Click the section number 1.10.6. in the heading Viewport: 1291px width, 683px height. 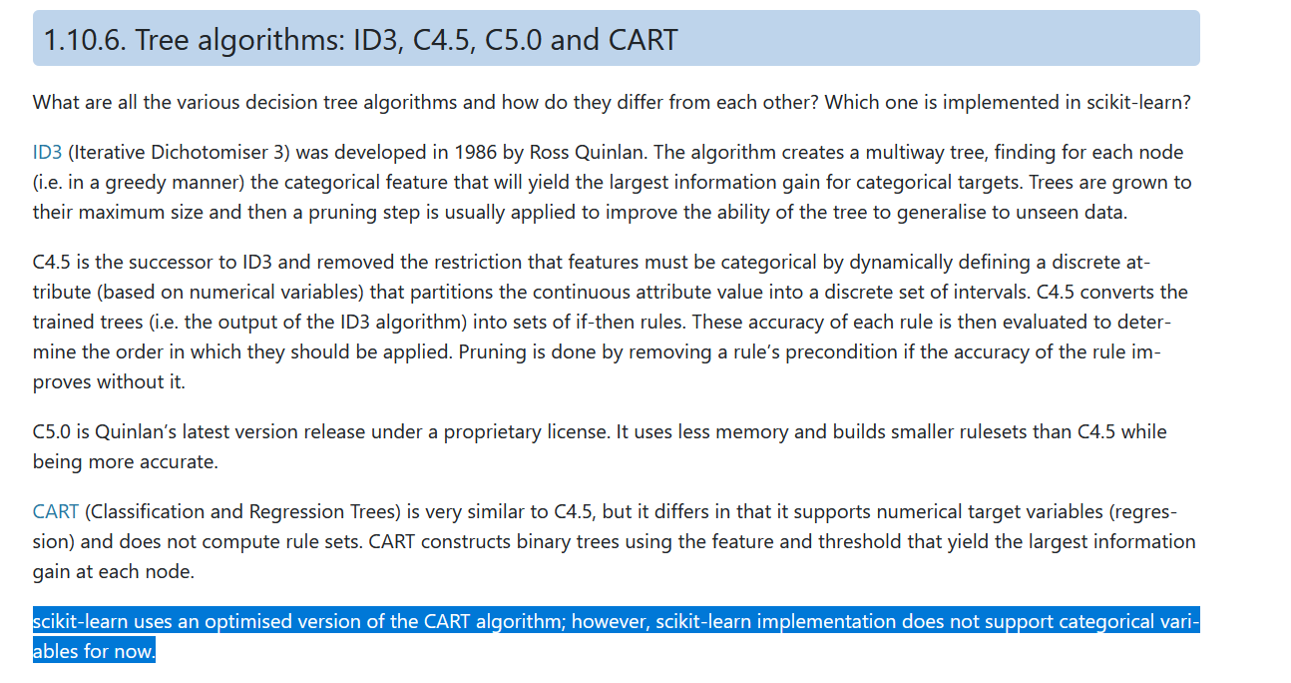pos(85,40)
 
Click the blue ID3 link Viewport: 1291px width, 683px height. pos(47,153)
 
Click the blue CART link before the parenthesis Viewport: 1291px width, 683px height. pos(55,511)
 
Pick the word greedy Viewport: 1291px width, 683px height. pos(136,184)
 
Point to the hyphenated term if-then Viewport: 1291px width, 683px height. pos(605,322)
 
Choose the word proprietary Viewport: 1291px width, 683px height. pos(492,432)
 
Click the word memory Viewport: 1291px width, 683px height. pos(751,432)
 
